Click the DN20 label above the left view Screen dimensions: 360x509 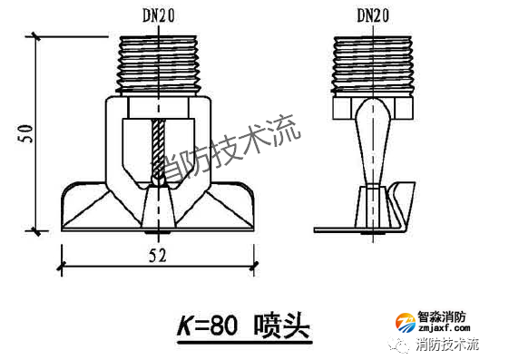pos(160,15)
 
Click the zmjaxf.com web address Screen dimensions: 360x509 pos(444,331)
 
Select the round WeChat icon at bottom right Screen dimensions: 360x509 pos(398,345)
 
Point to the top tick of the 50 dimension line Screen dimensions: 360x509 pos(36,38)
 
